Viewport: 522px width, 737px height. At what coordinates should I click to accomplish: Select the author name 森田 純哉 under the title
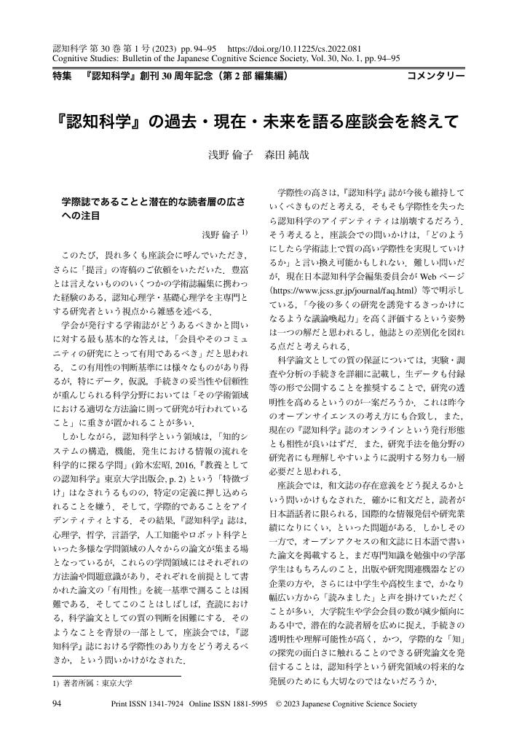click(288, 155)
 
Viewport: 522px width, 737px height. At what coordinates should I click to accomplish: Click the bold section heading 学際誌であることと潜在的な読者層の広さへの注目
click(153, 207)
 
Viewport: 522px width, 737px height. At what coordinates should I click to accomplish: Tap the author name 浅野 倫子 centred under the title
click(232, 155)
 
